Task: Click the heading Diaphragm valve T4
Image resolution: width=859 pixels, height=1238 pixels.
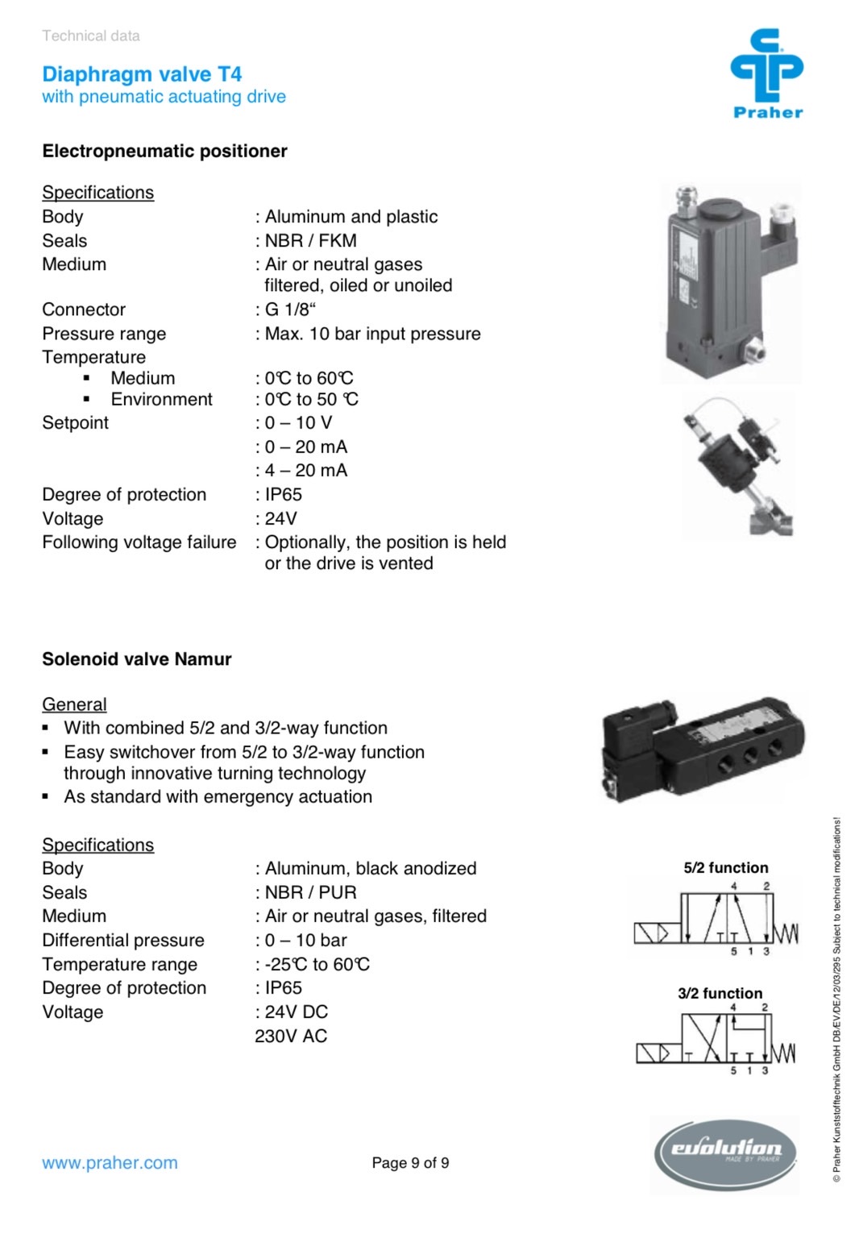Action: point(142,75)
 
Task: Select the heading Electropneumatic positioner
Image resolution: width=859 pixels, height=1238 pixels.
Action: point(164,152)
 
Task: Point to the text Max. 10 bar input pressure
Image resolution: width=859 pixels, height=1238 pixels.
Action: point(372,334)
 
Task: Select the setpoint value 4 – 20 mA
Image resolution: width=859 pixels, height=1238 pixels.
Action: point(305,471)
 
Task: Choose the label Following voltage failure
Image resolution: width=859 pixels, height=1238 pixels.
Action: point(139,542)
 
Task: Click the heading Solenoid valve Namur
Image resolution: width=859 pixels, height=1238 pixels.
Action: point(136,659)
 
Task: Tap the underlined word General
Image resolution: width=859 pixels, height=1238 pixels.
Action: point(74,704)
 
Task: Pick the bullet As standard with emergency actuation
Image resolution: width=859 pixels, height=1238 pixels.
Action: point(218,797)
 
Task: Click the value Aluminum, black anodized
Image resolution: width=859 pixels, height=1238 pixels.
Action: point(371,869)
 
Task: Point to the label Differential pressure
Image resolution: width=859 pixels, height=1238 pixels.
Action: point(123,941)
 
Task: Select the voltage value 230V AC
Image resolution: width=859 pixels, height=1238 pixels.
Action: point(291,1037)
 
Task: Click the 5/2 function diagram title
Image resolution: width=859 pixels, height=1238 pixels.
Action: point(725,868)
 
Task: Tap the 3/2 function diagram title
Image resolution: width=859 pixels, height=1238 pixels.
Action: point(720,994)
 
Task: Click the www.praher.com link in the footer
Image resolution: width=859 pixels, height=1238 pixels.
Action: point(110,1163)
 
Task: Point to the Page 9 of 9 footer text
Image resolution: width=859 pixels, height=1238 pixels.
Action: point(410,1163)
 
